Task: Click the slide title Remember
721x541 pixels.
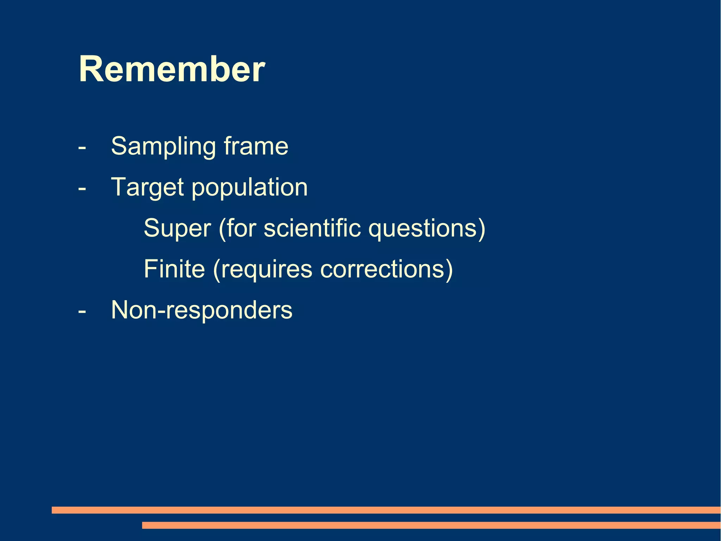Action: click(x=172, y=69)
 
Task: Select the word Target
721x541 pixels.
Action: click(x=147, y=187)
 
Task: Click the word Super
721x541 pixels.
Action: click(x=177, y=228)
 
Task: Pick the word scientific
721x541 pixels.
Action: click(x=312, y=228)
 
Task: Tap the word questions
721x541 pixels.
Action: click(x=422, y=228)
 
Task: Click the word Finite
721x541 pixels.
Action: click(x=174, y=269)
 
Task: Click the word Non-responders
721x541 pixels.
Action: click(x=201, y=310)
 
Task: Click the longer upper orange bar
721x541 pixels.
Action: click(x=386, y=510)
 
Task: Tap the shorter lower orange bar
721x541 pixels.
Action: click(x=431, y=525)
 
